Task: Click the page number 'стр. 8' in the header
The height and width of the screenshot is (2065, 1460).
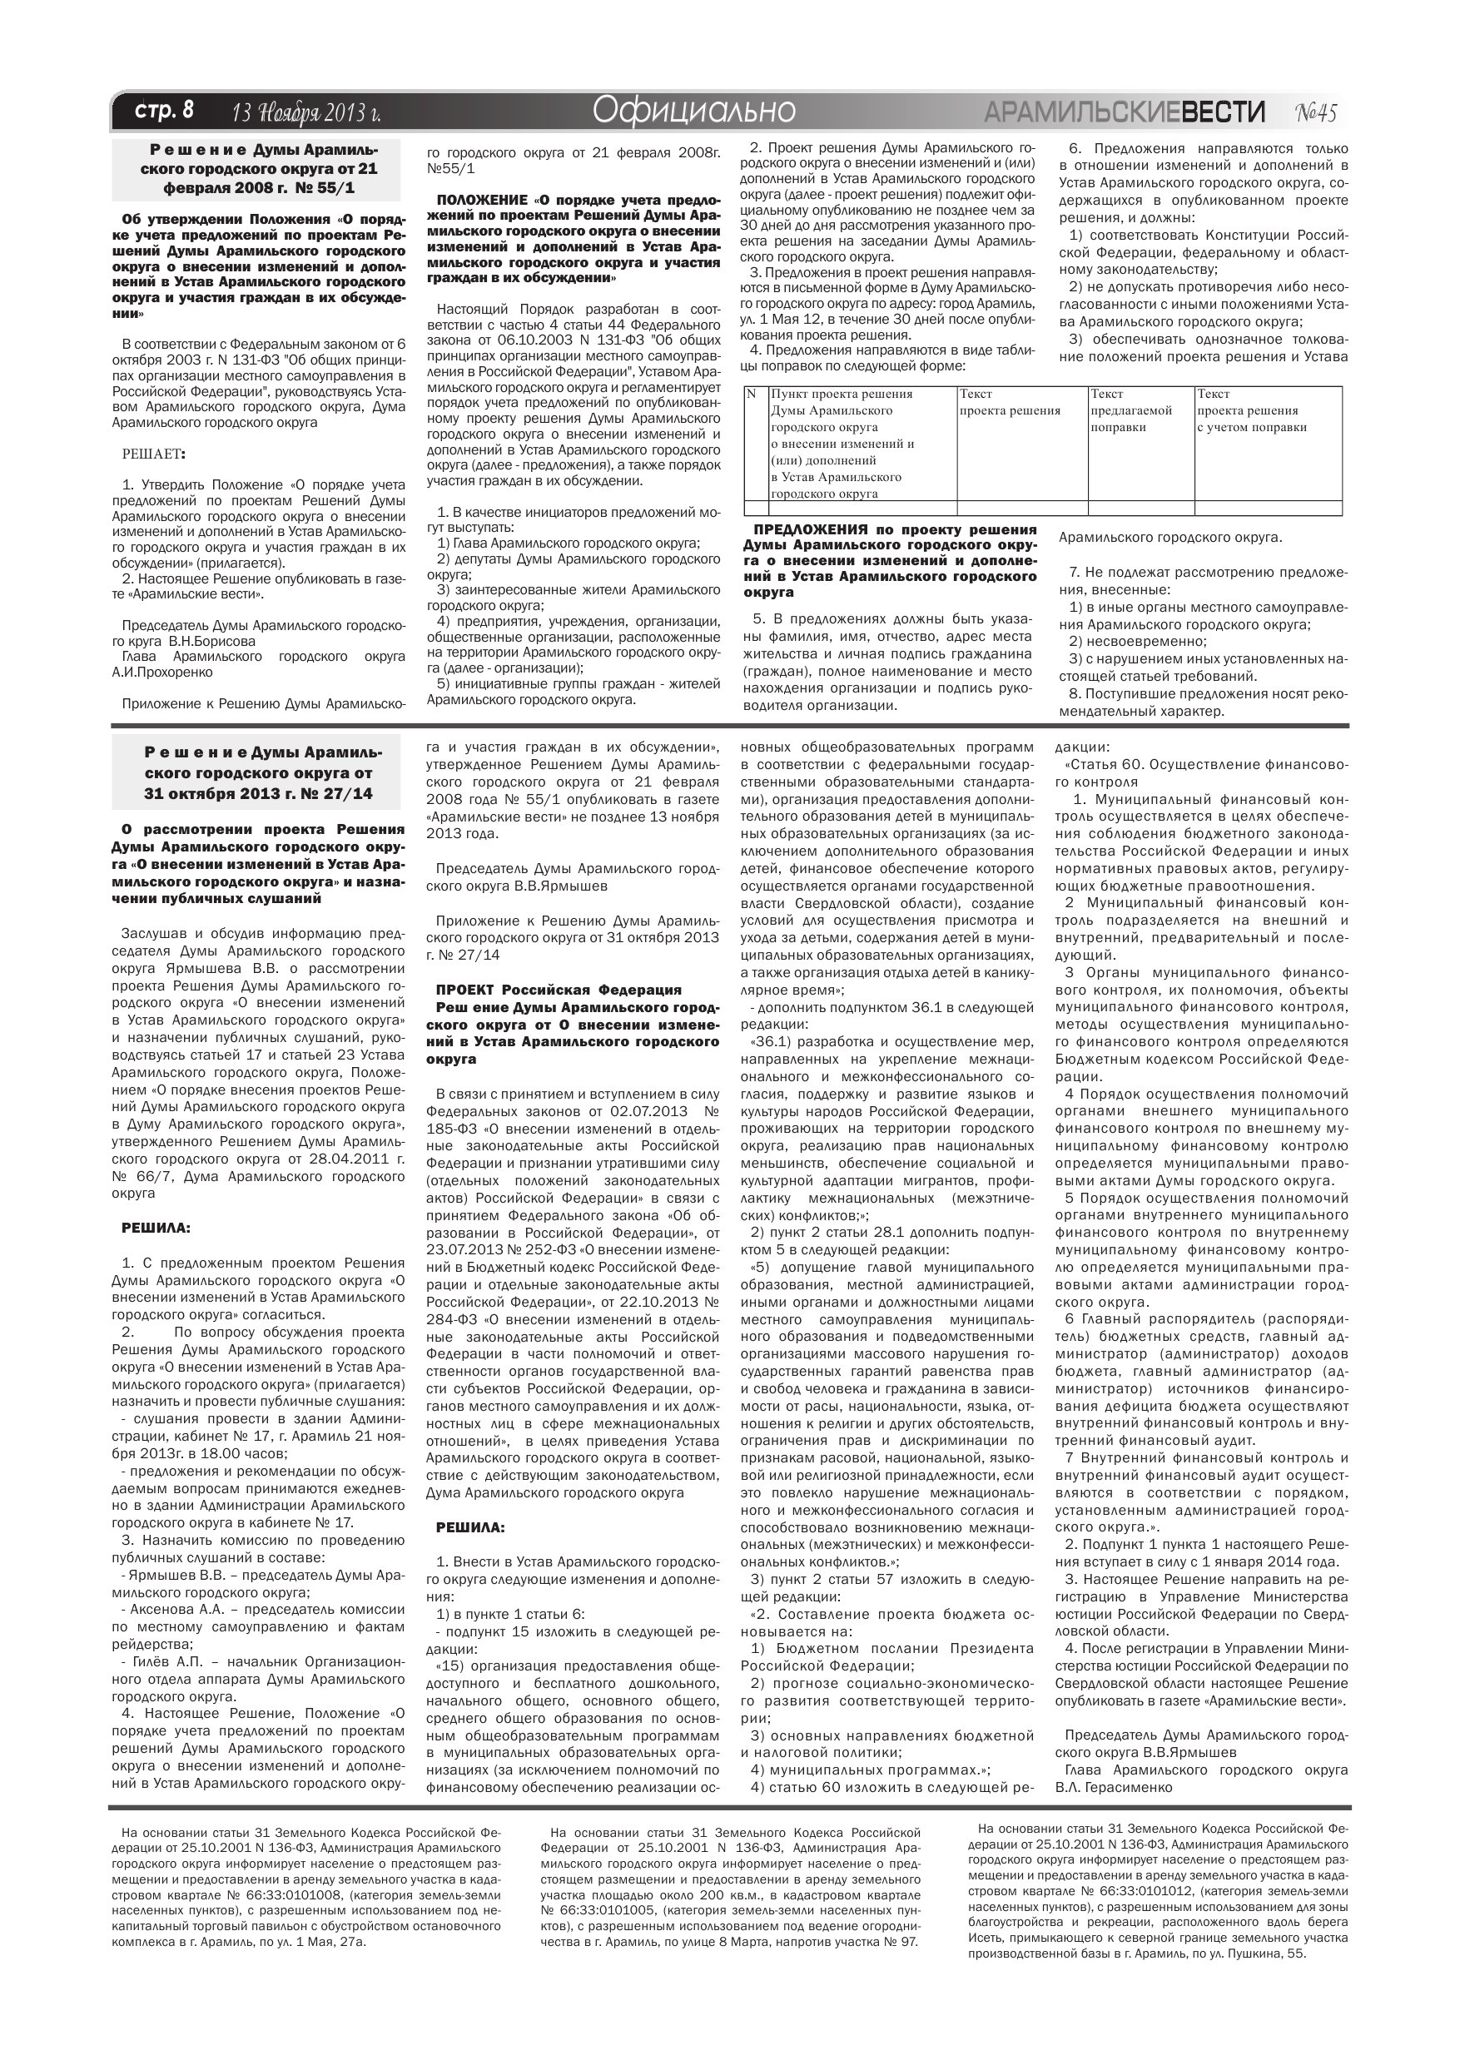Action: point(164,112)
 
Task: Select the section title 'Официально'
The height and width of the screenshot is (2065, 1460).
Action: point(693,111)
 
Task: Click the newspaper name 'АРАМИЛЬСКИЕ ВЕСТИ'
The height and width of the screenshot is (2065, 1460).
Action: point(1124,112)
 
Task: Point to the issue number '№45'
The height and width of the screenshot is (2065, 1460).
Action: point(1317,112)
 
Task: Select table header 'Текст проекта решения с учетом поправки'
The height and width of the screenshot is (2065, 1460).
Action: point(1250,411)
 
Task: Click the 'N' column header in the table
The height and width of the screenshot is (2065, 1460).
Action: point(752,394)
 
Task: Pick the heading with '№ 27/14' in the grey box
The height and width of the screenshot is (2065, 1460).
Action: point(257,772)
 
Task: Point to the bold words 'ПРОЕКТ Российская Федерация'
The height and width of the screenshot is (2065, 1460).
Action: point(559,990)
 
